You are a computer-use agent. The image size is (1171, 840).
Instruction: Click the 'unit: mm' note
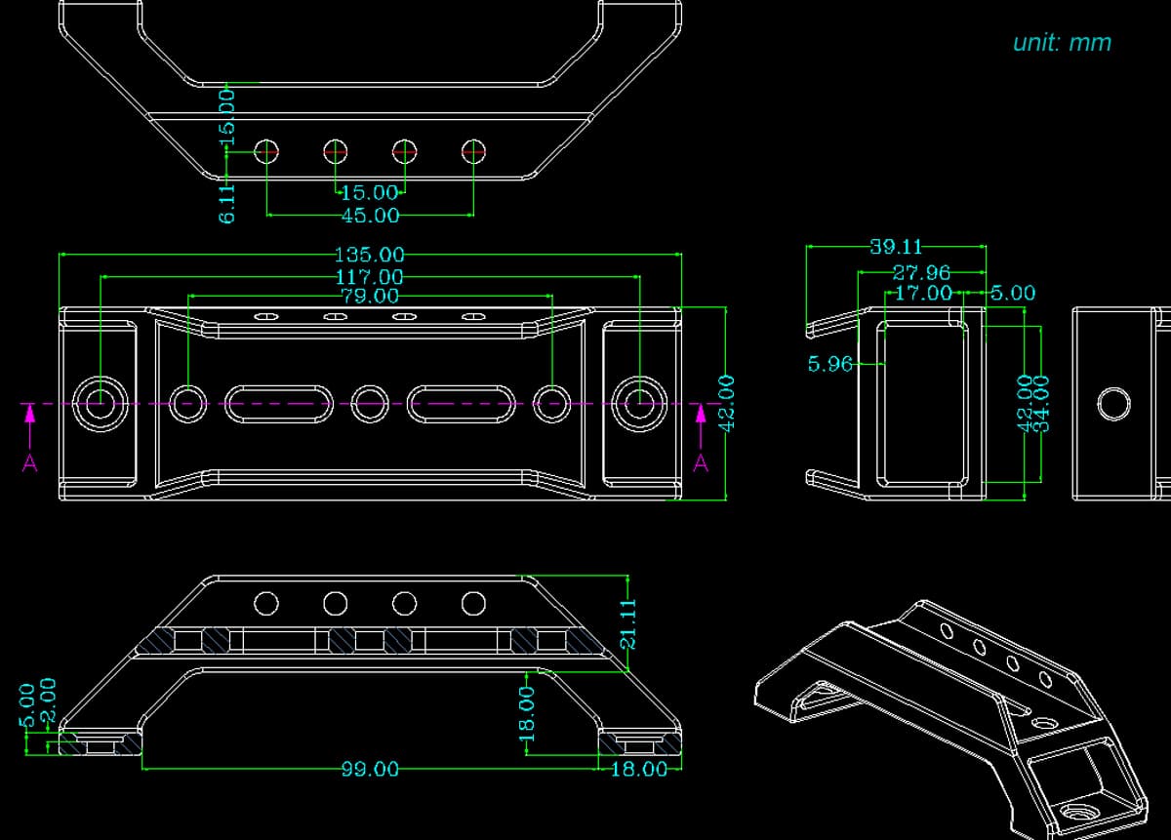(x=1062, y=43)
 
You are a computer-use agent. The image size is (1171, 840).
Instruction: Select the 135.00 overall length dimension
(x=369, y=255)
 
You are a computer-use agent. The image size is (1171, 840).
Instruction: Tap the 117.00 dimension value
(x=369, y=277)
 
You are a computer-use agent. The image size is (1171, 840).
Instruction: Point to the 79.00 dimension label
(x=370, y=297)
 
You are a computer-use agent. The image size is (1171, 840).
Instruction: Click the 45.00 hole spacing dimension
(x=370, y=216)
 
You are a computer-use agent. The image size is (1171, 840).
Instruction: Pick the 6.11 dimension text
(x=226, y=204)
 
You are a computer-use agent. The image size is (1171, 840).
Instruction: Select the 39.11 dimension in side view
(x=896, y=247)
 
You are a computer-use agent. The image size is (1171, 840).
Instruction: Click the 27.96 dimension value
(x=921, y=273)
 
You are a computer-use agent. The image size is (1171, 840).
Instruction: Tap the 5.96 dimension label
(x=830, y=364)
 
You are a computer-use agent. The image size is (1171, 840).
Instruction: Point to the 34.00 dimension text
(x=1041, y=404)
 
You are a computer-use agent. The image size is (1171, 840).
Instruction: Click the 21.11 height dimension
(x=627, y=624)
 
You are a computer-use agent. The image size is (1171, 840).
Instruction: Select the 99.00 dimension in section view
(x=370, y=769)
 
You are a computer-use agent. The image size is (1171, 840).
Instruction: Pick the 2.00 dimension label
(x=48, y=700)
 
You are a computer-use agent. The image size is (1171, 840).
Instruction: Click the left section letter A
(x=30, y=463)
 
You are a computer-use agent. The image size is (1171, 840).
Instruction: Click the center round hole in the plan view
(x=370, y=404)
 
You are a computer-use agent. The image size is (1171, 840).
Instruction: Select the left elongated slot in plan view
(x=279, y=404)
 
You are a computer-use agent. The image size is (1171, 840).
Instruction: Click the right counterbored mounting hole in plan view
(x=639, y=404)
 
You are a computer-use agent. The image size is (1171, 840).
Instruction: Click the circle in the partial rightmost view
(x=1114, y=404)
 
